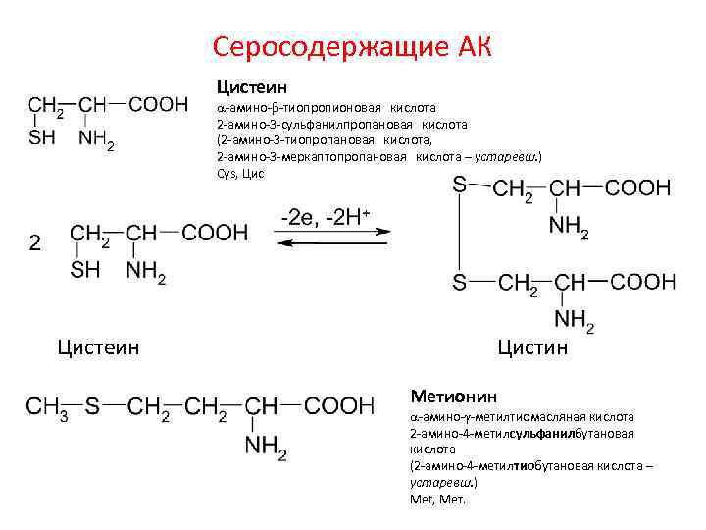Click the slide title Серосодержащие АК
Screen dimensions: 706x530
coord(352,46)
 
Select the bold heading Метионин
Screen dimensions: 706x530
coord(454,396)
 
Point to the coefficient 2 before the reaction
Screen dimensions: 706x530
coord(35,242)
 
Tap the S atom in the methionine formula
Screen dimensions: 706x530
coord(91,405)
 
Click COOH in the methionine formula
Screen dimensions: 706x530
coord(339,405)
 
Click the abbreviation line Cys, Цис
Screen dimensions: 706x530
coord(239,173)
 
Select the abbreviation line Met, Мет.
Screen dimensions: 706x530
coord(437,499)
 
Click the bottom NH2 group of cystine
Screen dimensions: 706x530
coord(574,320)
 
